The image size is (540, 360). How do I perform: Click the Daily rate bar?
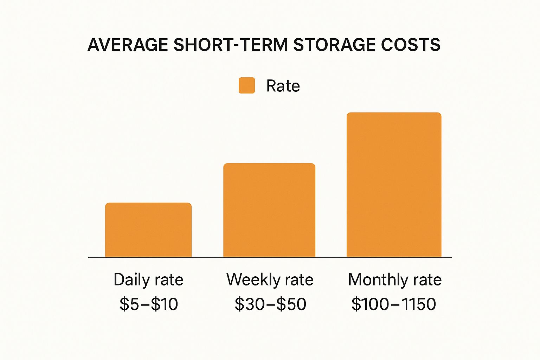[x=148, y=230]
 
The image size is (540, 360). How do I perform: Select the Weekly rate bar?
[x=269, y=210]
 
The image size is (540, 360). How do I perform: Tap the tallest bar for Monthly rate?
[x=394, y=185]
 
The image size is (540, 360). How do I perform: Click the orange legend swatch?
[x=247, y=86]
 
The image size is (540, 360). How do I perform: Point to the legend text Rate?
[x=283, y=86]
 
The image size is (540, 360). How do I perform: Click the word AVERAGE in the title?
[x=128, y=45]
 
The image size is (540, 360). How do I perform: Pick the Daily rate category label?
[x=148, y=280]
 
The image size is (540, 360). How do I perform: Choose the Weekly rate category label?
[x=270, y=280]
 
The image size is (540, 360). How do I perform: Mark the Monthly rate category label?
[x=394, y=280]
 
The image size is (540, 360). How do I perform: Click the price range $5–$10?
[x=149, y=304]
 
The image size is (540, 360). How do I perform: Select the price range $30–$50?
[x=270, y=304]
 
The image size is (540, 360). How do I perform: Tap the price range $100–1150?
[x=394, y=304]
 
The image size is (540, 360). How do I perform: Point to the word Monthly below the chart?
[x=378, y=280]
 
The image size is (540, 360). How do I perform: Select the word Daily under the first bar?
[x=132, y=280]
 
